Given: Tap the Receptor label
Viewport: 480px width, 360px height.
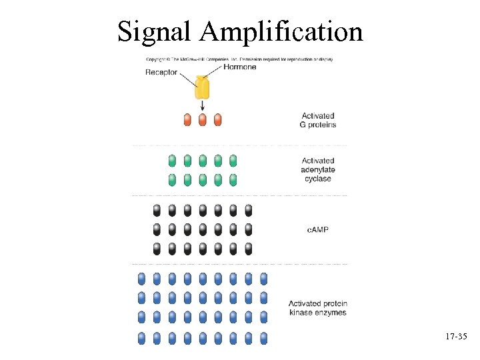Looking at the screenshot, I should (x=161, y=73).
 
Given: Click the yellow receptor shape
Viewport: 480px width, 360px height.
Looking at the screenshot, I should (x=202, y=87).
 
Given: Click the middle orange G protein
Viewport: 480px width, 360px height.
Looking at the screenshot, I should (x=202, y=120).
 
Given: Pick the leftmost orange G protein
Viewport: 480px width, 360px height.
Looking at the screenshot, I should (x=187, y=120).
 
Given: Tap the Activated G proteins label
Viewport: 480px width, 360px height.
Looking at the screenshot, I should (x=318, y=120).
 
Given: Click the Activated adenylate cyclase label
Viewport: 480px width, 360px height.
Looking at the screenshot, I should (x=318, y=169).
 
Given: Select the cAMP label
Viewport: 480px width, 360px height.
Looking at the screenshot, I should (x=318, y=229).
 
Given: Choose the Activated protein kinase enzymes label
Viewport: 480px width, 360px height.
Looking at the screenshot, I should (x=318, y=308).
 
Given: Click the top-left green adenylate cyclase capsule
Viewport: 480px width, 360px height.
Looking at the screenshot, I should (x=172, y=161).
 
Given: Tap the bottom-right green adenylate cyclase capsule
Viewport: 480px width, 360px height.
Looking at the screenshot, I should (x=233, y=179).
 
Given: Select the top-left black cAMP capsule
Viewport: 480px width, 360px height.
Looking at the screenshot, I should (x=157, y=211).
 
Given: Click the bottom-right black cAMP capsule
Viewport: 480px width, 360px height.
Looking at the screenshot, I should (x=248, y=249).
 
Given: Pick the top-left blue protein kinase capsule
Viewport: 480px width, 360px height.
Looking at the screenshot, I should (x=141, y=278).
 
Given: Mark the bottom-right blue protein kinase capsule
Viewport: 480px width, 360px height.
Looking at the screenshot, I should (x=263, y=338).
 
